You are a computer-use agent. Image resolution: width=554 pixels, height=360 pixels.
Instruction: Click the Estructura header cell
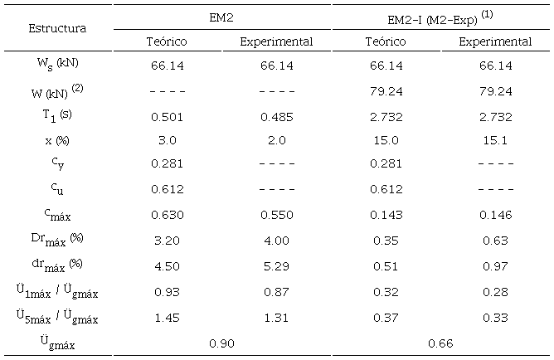click(57, 28)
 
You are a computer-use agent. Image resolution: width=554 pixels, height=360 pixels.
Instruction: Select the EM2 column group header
click(221, 16)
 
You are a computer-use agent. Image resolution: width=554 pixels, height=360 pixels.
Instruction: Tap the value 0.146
click(495, 213)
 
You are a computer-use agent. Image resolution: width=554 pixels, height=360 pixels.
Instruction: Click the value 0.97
click(495, 263)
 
